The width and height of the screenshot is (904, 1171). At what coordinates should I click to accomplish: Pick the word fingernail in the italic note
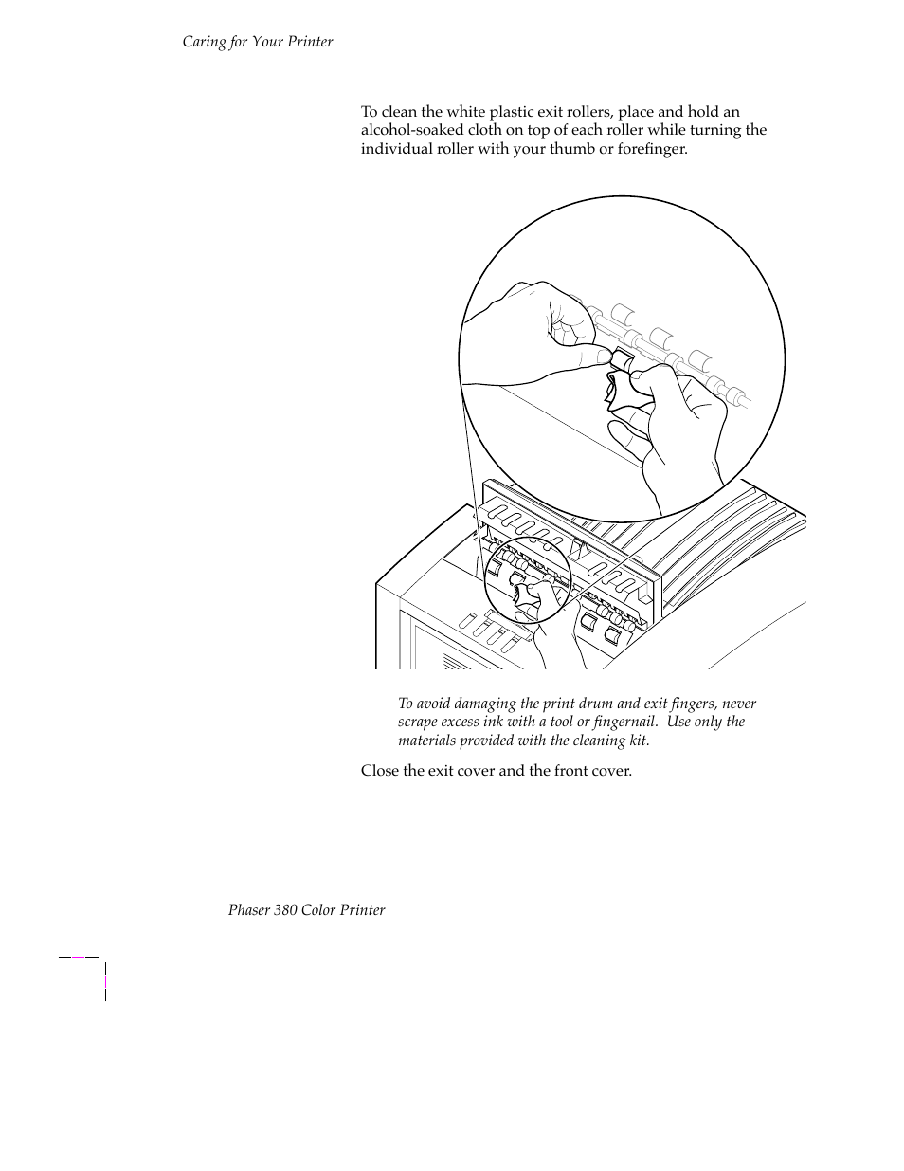(621, 722)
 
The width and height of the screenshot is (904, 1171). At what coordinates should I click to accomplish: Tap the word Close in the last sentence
(379, 771)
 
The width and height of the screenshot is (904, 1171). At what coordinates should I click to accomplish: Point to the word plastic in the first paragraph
(508, 112)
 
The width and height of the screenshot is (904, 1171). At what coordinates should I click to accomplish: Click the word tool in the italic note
(562, 722)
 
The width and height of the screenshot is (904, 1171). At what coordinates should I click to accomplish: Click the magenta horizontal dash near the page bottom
(79, 957)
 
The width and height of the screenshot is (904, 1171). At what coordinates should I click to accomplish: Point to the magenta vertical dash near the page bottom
(105, 981)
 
